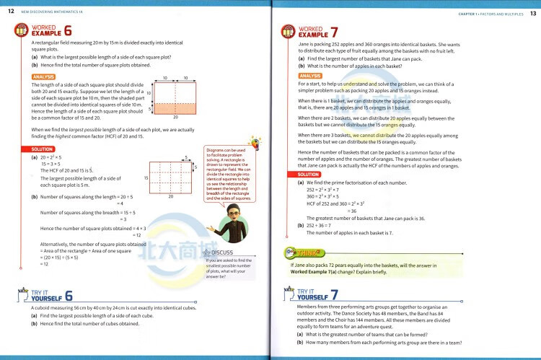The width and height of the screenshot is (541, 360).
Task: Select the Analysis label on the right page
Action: [310, 76]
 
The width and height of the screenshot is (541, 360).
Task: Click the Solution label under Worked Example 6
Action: [43, 149]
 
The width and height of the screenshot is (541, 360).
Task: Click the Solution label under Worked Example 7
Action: [309, 175]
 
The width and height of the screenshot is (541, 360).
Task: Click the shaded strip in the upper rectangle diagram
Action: [175, 108]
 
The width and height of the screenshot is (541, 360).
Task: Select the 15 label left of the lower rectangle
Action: [146, 177]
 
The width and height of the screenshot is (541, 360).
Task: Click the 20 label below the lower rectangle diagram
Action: [171, 196]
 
